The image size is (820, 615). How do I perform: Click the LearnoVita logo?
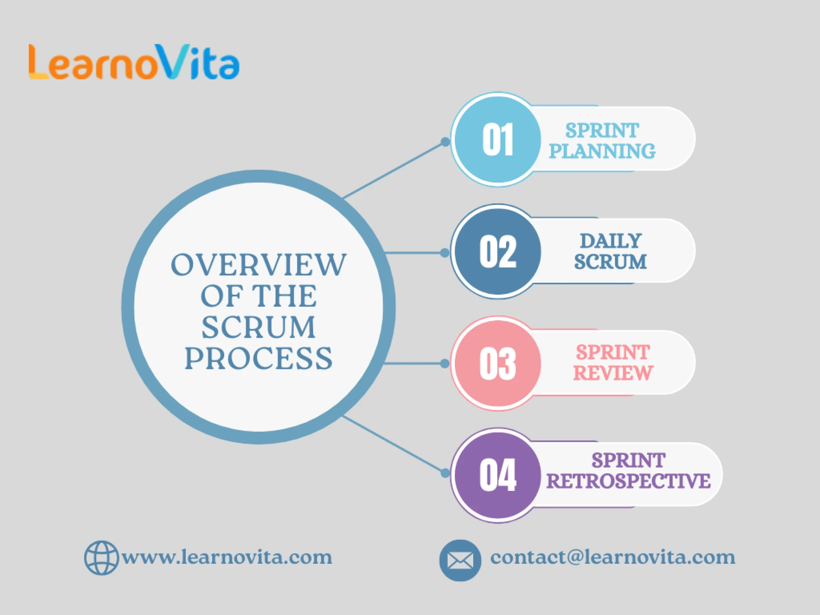pyautogui.click(x=134, y=63)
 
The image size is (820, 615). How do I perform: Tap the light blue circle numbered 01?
pyautogui.click(x=498, y=140)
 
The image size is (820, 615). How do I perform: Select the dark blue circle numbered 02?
pyautogui.click(x=498, y=252)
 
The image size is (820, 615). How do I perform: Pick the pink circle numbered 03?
pyautogui.click(x=498, y=363)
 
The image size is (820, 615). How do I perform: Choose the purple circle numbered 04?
pyautogui.click(x=498, y=475)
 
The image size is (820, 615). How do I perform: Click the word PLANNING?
pyautogui.click(x=602, y=151)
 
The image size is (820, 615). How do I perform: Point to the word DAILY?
pyautogui.click(x=611, y=241)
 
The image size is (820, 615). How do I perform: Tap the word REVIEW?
pyautogui.click(x=613, y=373)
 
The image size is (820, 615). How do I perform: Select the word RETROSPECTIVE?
pyautogui.click(x=628, y=481)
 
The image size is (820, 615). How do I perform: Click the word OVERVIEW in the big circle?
pyautogui.click(x=258, y=265)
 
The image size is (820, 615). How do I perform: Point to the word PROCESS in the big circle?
pyautogui.click(x=258, y=359)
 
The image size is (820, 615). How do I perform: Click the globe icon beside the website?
pyautogui.click(x=101, y=558)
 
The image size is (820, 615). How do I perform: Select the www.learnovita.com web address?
pyautogui.click(x=227, y=557)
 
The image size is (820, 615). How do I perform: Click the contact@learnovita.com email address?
pyautogui.click(x=612, y=557)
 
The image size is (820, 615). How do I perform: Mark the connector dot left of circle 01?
pyautogui.click(x=445, y=142)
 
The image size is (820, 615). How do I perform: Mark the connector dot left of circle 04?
pyautogui.click(x=445, y=473)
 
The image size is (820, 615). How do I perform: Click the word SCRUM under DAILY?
pyautogui.click(x=610, y=262)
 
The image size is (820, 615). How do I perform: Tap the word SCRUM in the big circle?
pyautogui.click(x=258, y=328)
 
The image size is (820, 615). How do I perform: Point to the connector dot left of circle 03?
pyautogui.click(x=445, y=363)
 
